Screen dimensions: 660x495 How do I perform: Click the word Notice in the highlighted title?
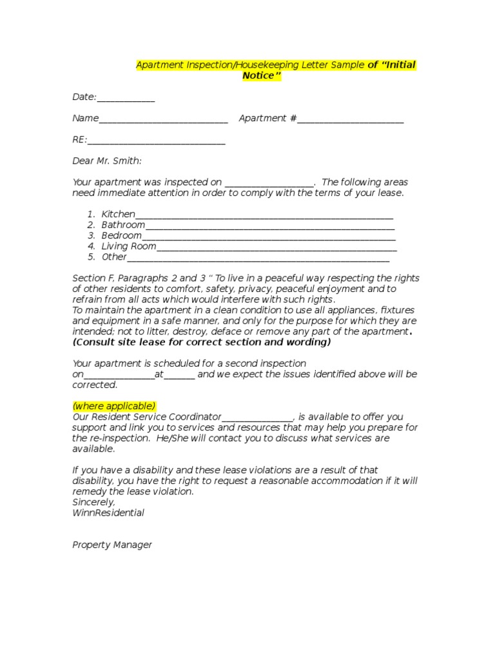tap(262, 76)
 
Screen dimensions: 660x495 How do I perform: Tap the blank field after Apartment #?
tap(351, 119)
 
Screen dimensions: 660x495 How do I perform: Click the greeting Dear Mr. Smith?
tap(107, 161)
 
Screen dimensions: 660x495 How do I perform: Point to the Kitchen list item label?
tap(119, 214)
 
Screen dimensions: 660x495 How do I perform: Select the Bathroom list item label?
tap(123, 225)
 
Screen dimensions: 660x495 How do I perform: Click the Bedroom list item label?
tap(121, 236)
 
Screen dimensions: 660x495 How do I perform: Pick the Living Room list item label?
tap(129, 246)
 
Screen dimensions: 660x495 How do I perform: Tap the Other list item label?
tap(114, 257)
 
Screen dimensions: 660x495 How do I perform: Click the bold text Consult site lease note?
tap(202, 342)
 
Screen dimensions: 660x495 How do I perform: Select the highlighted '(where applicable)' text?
tap(113, 406)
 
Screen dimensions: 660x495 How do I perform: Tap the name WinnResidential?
tap(108, 513)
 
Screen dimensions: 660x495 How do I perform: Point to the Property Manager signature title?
tap(112, 545)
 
